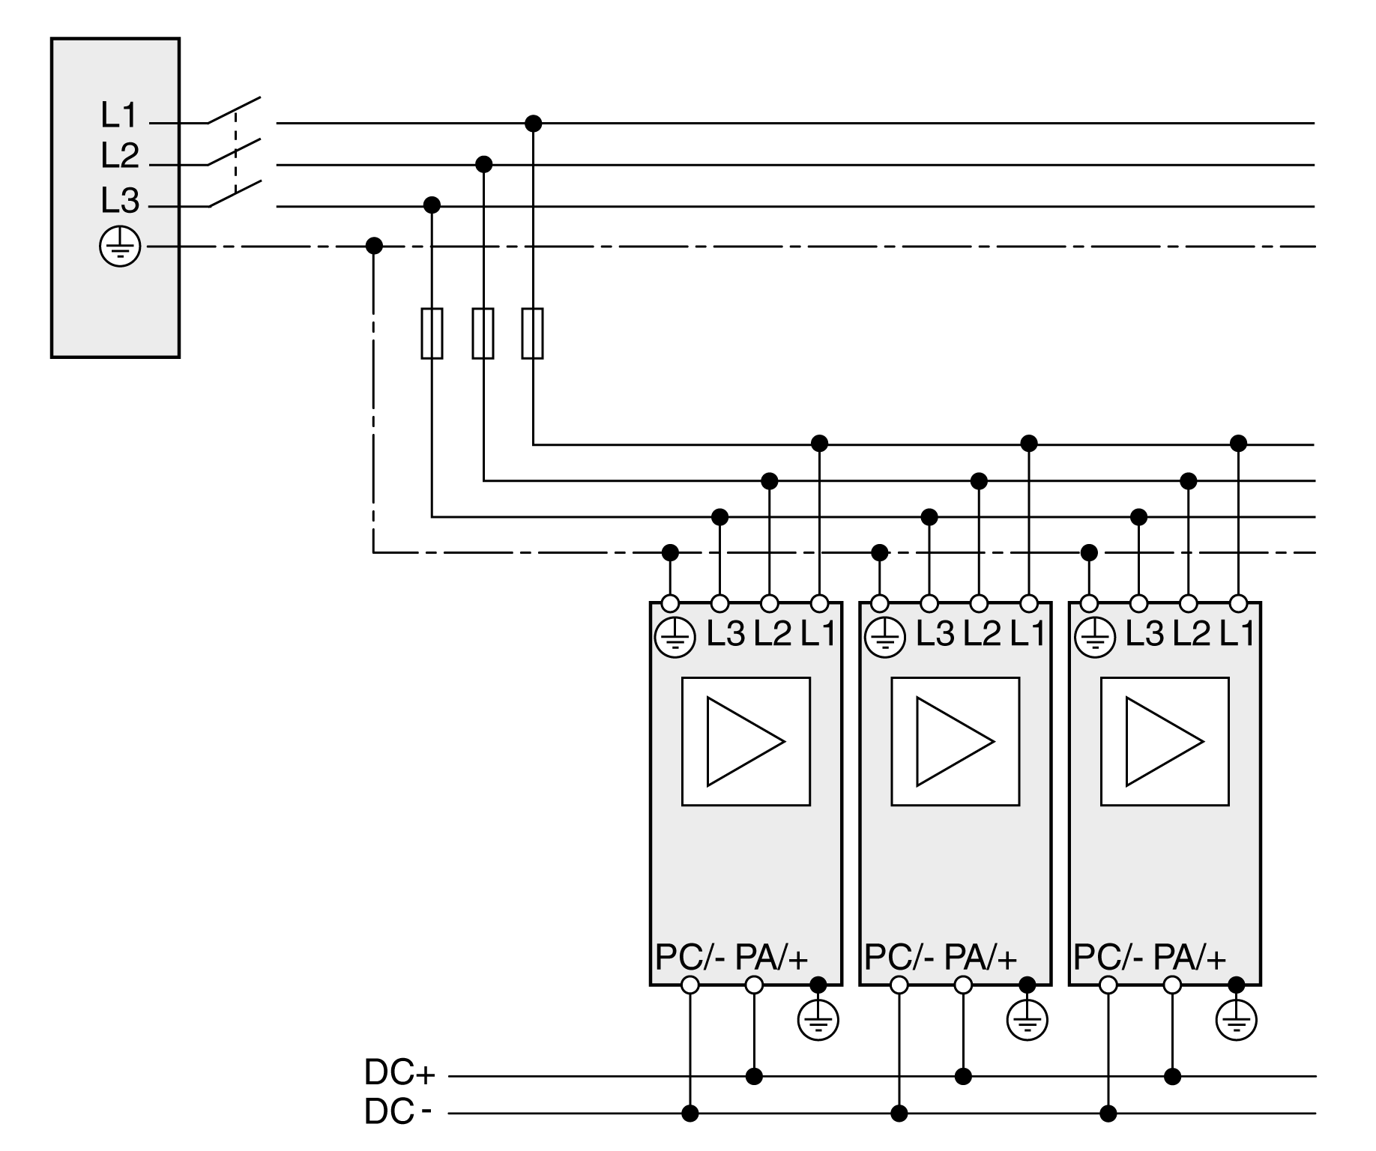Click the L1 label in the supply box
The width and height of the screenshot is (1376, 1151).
coord(120,115)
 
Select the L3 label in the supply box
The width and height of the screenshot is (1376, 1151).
coord(120,201)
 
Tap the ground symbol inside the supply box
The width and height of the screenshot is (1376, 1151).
coord(120,247)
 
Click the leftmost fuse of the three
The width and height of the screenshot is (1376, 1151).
coord(432,333)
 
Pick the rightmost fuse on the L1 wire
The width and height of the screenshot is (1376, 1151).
coord(532,333)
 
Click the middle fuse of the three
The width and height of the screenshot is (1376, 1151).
coord(483,333)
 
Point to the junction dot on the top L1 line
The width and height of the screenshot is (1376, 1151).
coord(533,123)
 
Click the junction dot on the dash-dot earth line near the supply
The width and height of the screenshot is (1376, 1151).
coord(374,246)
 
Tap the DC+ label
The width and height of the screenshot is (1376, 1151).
coord(399,1073)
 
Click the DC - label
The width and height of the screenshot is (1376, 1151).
coord(397,1112)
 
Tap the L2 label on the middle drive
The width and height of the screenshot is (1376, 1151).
coord(982,635)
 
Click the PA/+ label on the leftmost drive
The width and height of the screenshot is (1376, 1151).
coord(771,957)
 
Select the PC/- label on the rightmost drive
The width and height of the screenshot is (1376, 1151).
coord(1108,957)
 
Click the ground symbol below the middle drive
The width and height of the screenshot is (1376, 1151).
coord(1028,1020)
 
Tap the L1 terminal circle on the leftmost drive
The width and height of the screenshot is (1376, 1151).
coord(820,603)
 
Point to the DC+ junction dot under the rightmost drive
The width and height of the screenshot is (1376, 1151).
coord(1173,1077)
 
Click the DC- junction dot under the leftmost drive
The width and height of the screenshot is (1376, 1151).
coord(690,1114)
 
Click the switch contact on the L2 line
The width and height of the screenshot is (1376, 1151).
coord(234,152)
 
